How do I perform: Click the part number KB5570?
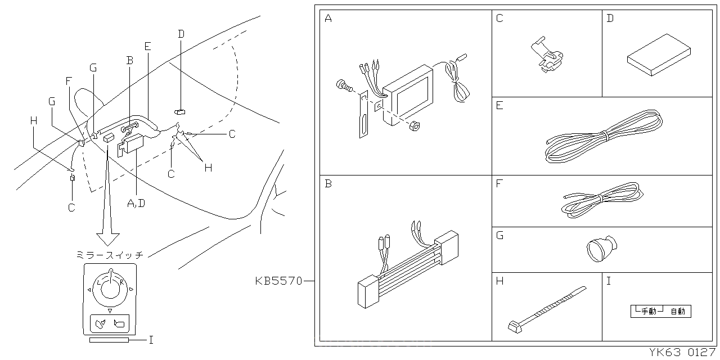(279, 280)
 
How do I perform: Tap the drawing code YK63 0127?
(682, 353)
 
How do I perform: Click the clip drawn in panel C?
(547, 56)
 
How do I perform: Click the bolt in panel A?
(343, 86)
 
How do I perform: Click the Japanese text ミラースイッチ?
(109, 255)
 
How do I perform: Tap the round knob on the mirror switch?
(110, 286)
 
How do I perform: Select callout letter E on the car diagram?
(147, 47)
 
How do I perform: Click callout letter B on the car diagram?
(129, 60)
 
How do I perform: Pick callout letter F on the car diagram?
(69, 80)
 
